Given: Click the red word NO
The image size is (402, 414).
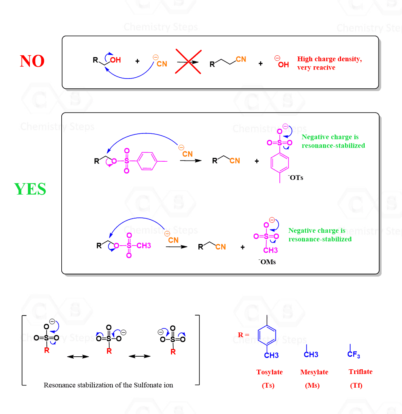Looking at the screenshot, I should [x=32, y=61].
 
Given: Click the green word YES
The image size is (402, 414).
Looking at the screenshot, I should [x=30, y=190].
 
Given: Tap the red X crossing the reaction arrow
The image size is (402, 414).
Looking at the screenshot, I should [x=189, y=62].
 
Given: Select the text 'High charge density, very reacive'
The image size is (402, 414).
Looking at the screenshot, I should [x=329, y=63].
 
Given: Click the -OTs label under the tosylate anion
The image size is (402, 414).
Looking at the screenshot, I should [x=296, y=178].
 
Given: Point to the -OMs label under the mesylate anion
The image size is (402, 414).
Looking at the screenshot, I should [x=267, y=262].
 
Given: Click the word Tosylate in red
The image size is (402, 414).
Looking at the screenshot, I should [x=270, y=372].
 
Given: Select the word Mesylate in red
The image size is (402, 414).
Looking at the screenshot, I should [x=314, y=372].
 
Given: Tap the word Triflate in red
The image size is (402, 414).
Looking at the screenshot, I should [x=360, y=372].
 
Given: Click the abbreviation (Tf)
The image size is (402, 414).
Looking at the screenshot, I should [x=356, y=385].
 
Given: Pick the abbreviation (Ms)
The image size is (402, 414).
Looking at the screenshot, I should [x=312, y=385].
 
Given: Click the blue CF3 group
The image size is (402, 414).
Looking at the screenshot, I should [x=354, y=355].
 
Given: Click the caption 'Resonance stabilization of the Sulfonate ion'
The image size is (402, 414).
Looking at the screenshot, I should [x=108, y=385].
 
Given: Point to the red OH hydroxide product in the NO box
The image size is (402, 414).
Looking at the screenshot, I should [x=283, y=64].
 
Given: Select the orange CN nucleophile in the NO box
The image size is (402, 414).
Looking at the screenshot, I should [x=162, y=64].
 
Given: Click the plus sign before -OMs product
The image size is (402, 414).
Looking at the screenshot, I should [x=242, y=247].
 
